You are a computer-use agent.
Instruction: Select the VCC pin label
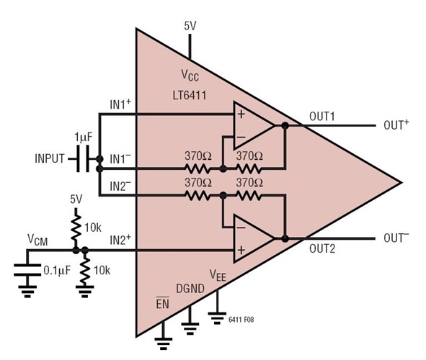point(190,76)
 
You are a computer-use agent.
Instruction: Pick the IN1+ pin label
point(120,105)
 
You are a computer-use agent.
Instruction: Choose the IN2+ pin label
point(120,240)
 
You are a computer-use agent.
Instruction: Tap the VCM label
point(38,238)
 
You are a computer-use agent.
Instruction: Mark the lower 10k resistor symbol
point(86,271)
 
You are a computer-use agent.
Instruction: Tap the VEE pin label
point(220,274)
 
